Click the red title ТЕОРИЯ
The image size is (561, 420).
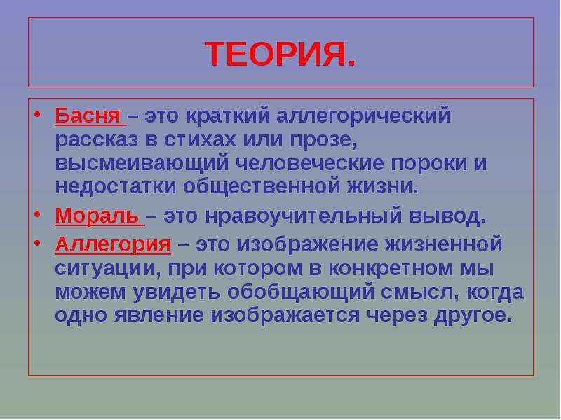(x=280, y=54)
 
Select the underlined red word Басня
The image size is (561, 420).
(x=88, y=115)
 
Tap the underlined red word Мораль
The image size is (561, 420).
(x=97, y=216)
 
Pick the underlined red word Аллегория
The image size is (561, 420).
(x=113, y=244)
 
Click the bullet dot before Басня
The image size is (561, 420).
(x=37, y=115)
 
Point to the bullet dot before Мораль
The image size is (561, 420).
(x=37, y=215)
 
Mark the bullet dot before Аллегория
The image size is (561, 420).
(x=37, y=244)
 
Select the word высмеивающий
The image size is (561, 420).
(x=142, y=164)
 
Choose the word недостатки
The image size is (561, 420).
(x=116, y=186)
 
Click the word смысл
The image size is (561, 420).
(x=417, y=292)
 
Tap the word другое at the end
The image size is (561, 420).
(x=473, y=316)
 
